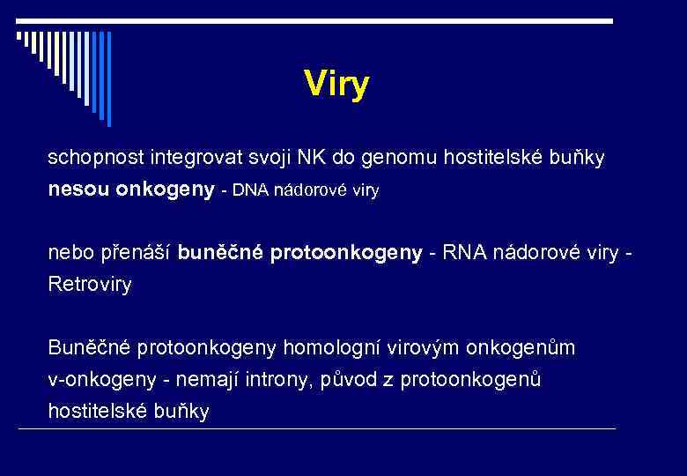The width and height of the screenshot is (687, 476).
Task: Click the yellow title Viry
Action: [336, 85]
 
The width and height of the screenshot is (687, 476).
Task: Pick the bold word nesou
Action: [79, 190]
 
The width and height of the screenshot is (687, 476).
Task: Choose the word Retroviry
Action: [90, 286]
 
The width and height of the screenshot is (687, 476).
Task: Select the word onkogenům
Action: [525, 348]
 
